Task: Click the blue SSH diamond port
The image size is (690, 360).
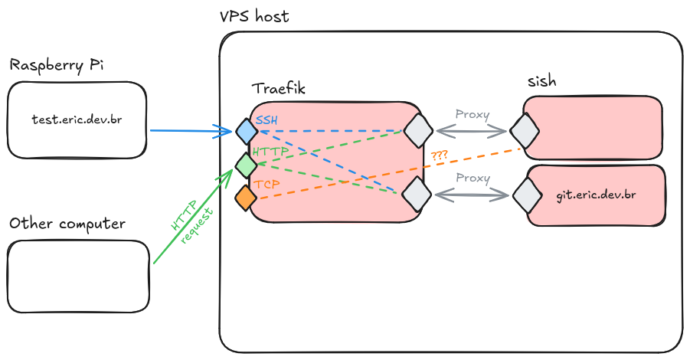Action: [246, 131]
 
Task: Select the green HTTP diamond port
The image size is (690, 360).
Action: [246, 164]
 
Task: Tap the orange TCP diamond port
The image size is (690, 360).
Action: [246, 198]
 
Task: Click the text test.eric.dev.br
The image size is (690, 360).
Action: [77, 119]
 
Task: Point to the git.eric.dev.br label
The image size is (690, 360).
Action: [596, 195]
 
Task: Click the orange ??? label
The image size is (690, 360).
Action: [440, 155]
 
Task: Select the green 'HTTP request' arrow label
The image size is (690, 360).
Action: [188, 223]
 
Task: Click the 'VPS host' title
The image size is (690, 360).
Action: [253, 16]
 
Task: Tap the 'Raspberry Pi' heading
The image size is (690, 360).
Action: [56, 65]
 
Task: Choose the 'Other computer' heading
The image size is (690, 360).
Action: [67, 224]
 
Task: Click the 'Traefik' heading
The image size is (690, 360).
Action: [279, 89]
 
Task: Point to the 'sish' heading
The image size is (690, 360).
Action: [541, 81]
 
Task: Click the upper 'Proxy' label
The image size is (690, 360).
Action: [473, 114]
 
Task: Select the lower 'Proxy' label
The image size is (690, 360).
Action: [473, 178]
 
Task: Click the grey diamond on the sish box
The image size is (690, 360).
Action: [526, 131]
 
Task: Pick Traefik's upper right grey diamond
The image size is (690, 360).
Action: [419, 130]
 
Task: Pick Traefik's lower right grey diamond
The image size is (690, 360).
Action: [418, 194]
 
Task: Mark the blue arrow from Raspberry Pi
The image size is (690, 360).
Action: [191, 131]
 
